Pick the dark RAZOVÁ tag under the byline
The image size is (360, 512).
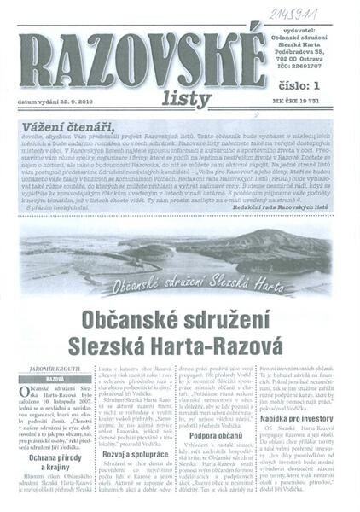point(55,378)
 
